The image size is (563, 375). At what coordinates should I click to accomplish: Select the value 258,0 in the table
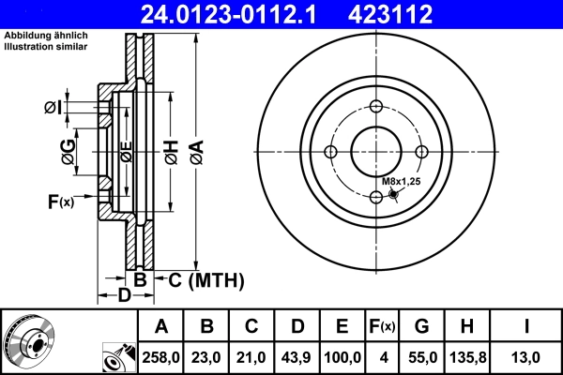pyautogui.click(x=160, y=357)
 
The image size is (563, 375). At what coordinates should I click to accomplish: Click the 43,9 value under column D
pyautogui.click(x=297, y=357)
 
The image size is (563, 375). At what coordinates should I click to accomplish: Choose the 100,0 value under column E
pyautogui.click(x=342, y=357)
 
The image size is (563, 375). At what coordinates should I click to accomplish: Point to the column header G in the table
pyautogui.click(x=421, y=327)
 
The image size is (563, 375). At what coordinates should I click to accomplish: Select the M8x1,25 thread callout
pyautogui.click(x=401, y=180)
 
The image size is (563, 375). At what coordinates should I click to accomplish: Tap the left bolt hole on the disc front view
pyautogui.click(x=330, y=151)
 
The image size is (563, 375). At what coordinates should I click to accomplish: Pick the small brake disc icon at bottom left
pyautogui.click(x=28, y=342)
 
